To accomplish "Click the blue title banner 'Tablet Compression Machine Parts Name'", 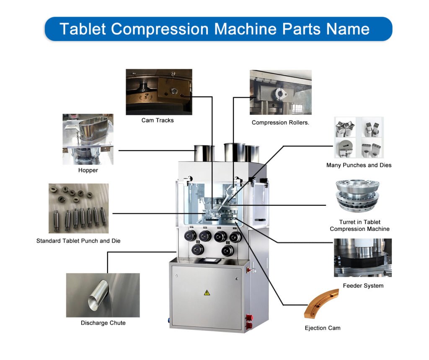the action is [x=218, y=29].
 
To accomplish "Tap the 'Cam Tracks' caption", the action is [x=158, y=120].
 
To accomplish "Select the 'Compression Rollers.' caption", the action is [x=280, y=122].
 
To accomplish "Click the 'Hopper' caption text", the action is [x=88, y=170].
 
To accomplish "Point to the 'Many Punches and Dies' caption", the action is [x=359, y=165].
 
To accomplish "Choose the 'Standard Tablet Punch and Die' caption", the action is [x=78, y=241].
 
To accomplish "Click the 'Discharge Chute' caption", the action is [x=103, y=323].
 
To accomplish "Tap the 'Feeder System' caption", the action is [x=363, y=286].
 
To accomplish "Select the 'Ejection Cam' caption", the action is [x=323, y=328].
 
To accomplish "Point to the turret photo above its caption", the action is [x=358, y=196].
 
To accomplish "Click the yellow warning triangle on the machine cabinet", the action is [x=207, y=293].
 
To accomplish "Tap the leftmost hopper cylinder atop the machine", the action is [x=204, y=153].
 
